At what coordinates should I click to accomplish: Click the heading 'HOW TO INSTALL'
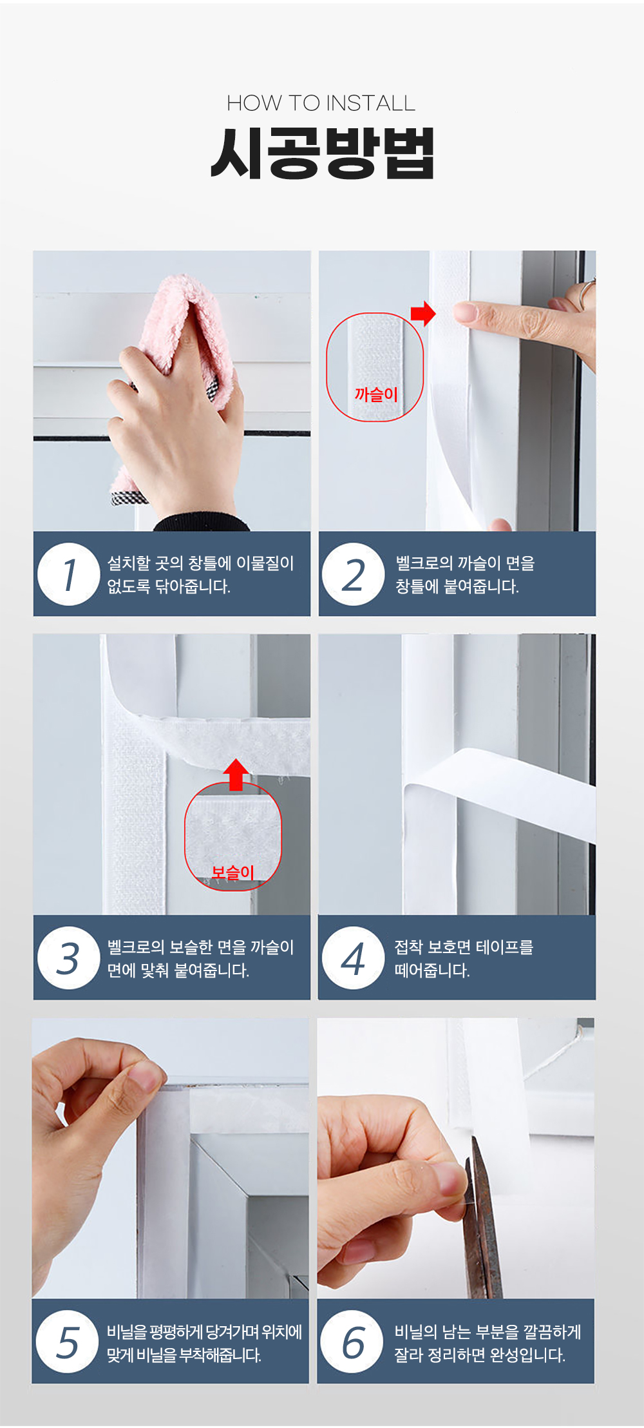tap(321, 103)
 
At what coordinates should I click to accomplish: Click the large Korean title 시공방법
tap(323, 153)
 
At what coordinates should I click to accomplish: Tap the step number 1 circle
tap(68, 574)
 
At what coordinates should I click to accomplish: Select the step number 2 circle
tap(353, 574)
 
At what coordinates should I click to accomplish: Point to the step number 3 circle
tap(68, 958)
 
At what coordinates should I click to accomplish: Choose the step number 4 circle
tap(353, 958)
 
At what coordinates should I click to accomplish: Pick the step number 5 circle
tap(68, 1342)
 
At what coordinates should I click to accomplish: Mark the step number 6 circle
tap(352, 1342)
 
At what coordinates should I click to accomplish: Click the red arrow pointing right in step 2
tap(423, 314)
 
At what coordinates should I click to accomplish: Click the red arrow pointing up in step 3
tap(236, 775)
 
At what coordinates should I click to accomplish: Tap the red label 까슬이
tap(376, 394)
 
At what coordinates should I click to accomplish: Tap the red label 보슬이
tap(233, 873)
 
